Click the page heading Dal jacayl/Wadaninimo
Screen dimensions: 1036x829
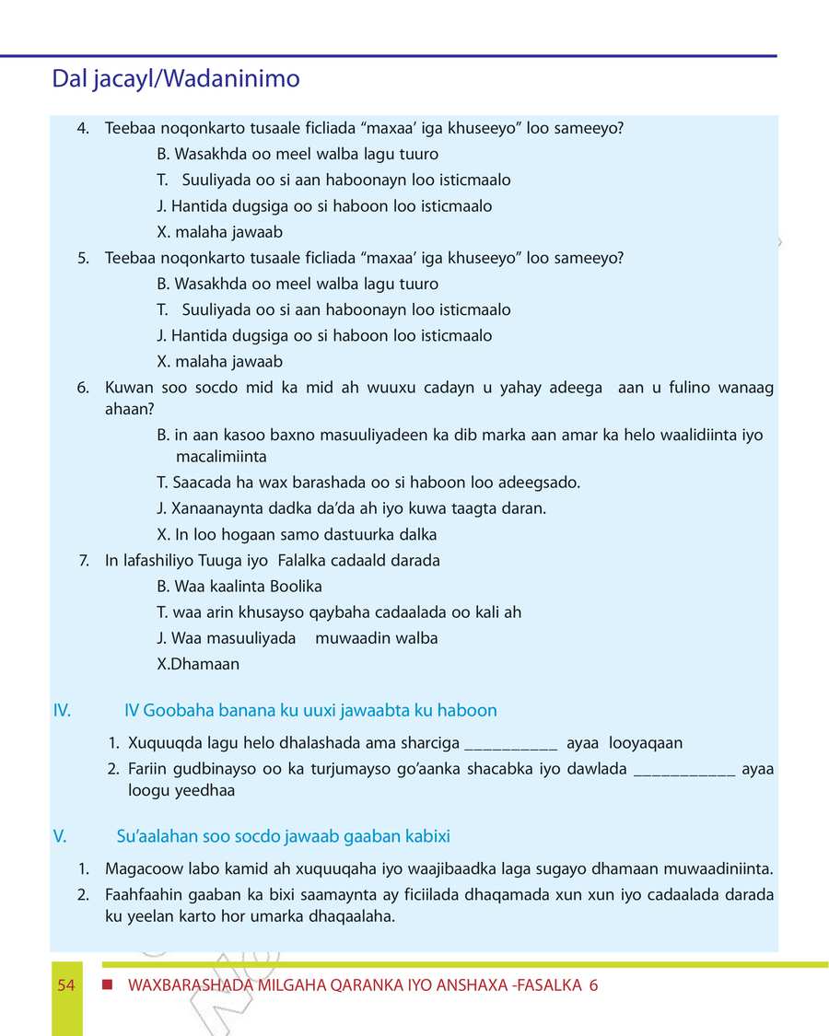click(176, 79)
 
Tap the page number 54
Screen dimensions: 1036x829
click(65, 985)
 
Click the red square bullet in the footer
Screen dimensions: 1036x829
click(108, 985)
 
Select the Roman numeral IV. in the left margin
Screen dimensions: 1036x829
click(63, 710)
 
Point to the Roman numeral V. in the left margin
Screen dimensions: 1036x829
click(61, 836)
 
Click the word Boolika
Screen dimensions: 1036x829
click(297, 586)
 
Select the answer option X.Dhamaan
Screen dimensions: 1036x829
click(198, 663)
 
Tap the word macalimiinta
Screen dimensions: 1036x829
click(221, 457)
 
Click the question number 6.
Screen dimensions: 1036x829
click(83, 388)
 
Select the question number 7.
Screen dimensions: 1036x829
click(85, 560)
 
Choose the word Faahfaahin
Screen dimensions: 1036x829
click(144, 894)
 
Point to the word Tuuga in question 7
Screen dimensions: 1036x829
click(221, 560)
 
